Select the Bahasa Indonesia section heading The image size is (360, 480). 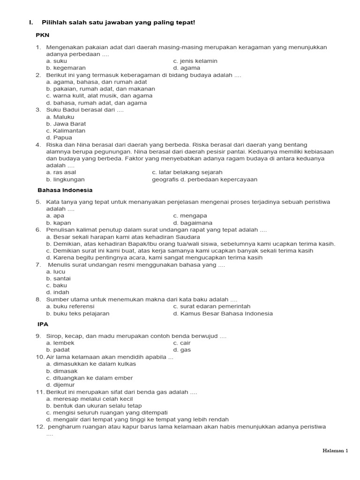(x=65, y=190)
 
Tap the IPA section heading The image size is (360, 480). (x=43, y=324)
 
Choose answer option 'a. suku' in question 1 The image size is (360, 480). (x=57, y=61)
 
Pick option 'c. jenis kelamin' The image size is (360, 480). (x=195, y=61)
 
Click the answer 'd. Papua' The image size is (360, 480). (x=59, y=138)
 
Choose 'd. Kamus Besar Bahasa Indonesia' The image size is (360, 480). (x=223, y=314)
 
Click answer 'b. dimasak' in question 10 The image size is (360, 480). (x=62, y=371)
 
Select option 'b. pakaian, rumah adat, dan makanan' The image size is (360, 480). (x=100, y=89)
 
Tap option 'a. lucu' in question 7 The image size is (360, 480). (x=56, y=271)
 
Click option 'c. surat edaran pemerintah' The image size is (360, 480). (x=212, y=307)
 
